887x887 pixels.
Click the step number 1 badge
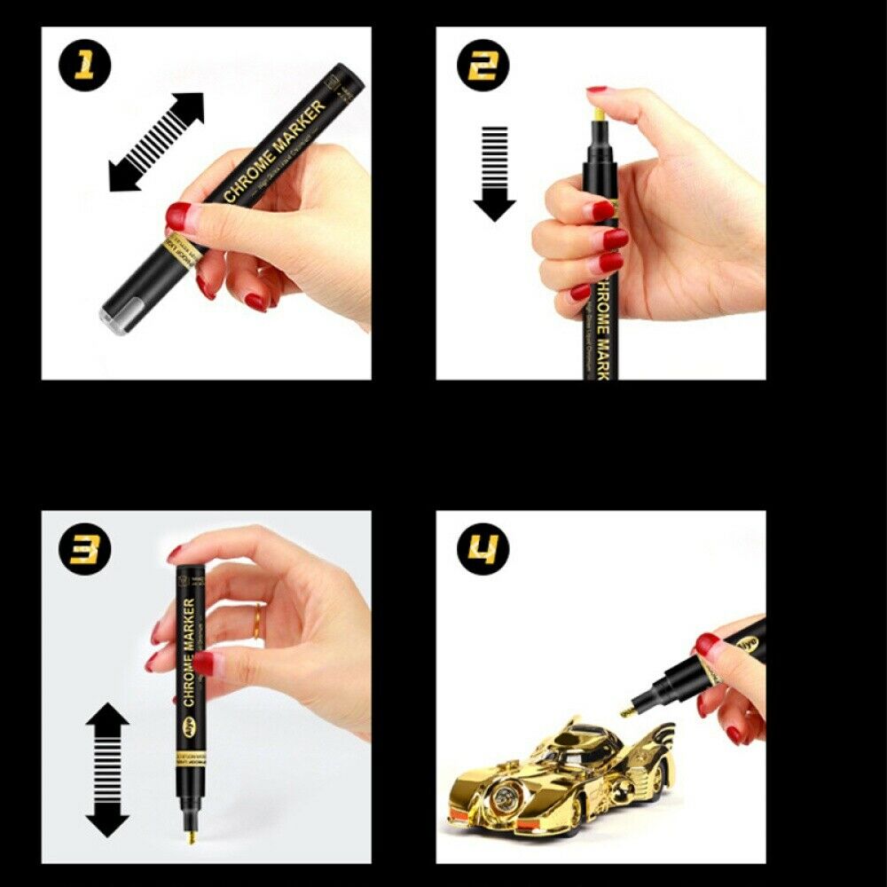[86, 67]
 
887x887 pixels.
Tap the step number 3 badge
[86, 549]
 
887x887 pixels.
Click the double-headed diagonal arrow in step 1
[156, 142]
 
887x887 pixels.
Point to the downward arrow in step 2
[494, 173]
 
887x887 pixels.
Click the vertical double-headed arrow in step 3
[107, 769]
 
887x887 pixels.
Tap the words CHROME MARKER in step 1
[274, 145]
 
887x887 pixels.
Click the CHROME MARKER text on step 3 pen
[188, 652]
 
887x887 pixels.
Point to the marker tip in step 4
[627, 710]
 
